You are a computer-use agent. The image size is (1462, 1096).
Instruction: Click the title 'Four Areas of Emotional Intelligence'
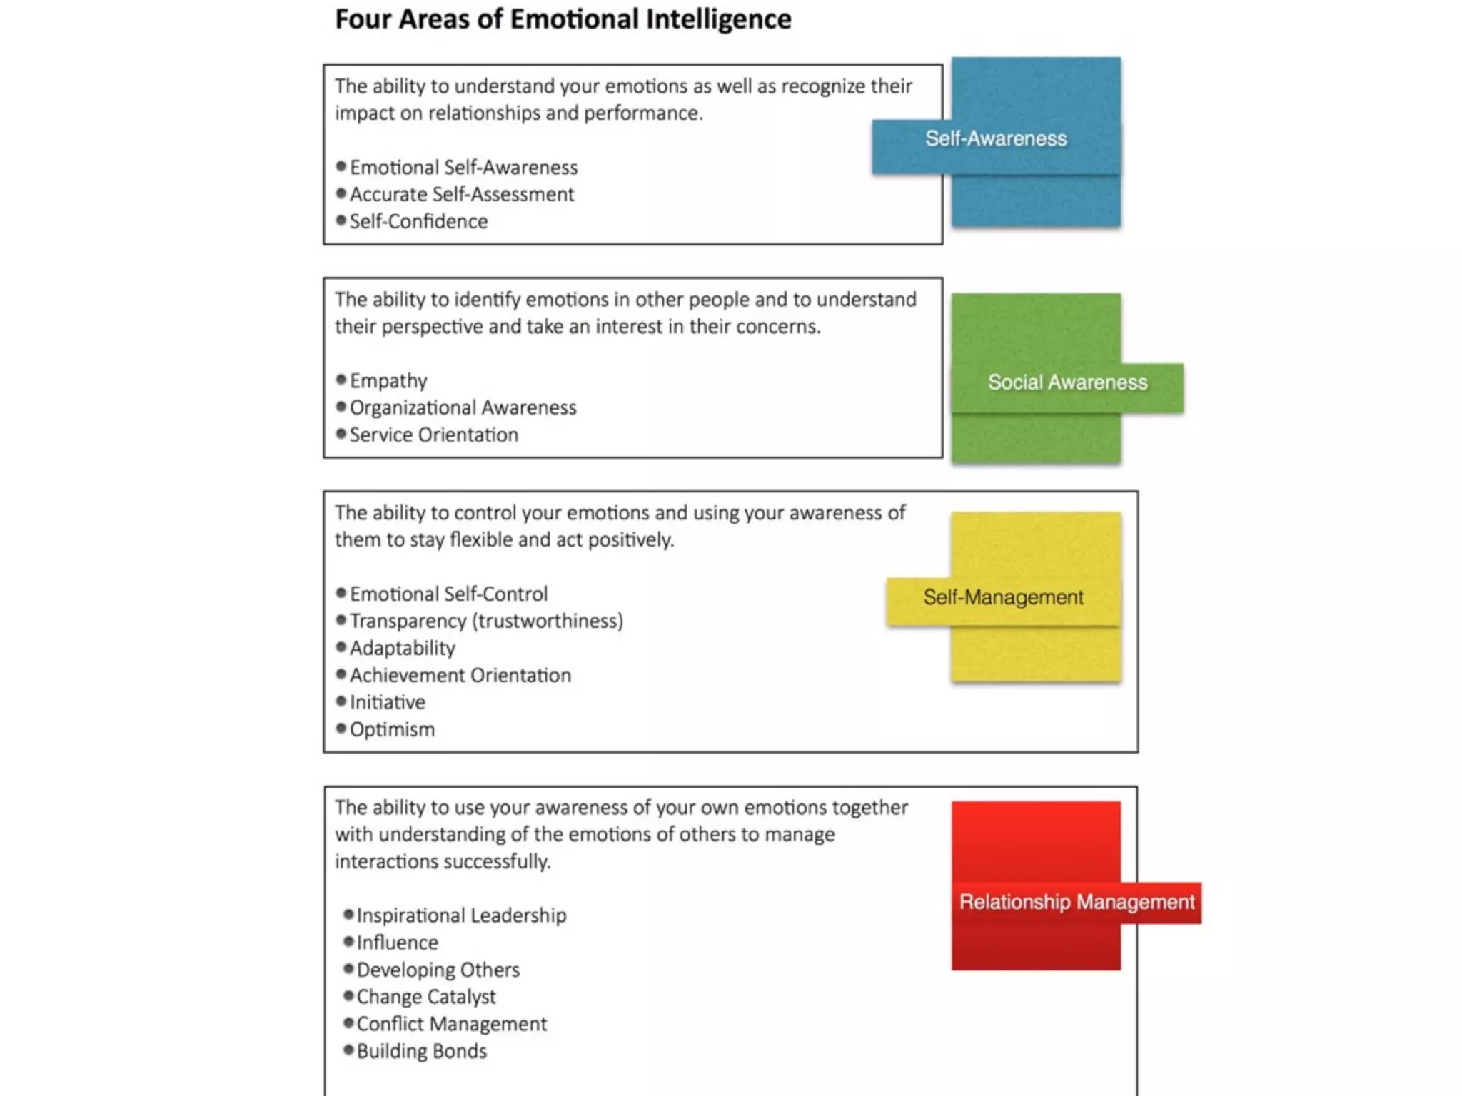pos(563,19)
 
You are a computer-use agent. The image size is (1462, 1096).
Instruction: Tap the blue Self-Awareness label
pos(996,138)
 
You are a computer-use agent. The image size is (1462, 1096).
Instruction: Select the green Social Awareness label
pos(1067,382)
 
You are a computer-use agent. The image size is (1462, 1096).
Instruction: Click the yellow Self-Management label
pos(1003,597)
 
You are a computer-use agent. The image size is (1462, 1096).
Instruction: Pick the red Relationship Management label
pos(1077,902)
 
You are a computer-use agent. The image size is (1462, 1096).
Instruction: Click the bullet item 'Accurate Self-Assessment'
pos(461,194)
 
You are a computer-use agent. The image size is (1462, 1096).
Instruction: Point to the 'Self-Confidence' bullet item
pos(418,221)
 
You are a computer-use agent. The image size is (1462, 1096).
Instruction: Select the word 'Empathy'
pos(388,380)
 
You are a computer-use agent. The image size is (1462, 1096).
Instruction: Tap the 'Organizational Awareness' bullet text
pos(463,407)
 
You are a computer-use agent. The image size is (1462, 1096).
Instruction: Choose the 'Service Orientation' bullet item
pos(433,435)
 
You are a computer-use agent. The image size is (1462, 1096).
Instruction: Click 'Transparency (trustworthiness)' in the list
pos(486,621)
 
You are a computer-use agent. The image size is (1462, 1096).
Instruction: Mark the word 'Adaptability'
pos(402,648)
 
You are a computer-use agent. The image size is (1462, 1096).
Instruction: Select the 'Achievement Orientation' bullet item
pos(460,675)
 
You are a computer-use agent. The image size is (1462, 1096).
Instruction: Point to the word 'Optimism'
pos(392,729)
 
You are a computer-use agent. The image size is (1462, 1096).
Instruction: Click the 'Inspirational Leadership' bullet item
pos(461,915)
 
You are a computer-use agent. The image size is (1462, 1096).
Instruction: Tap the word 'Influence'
pos(397,943)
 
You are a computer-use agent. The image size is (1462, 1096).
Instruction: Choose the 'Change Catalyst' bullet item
pos(425,997)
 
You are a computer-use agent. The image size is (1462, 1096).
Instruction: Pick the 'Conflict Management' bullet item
pos(451,1024)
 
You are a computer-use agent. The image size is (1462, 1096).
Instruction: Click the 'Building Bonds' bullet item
pos(421,1051)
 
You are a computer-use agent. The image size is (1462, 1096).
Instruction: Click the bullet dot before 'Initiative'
pos(341,701)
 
